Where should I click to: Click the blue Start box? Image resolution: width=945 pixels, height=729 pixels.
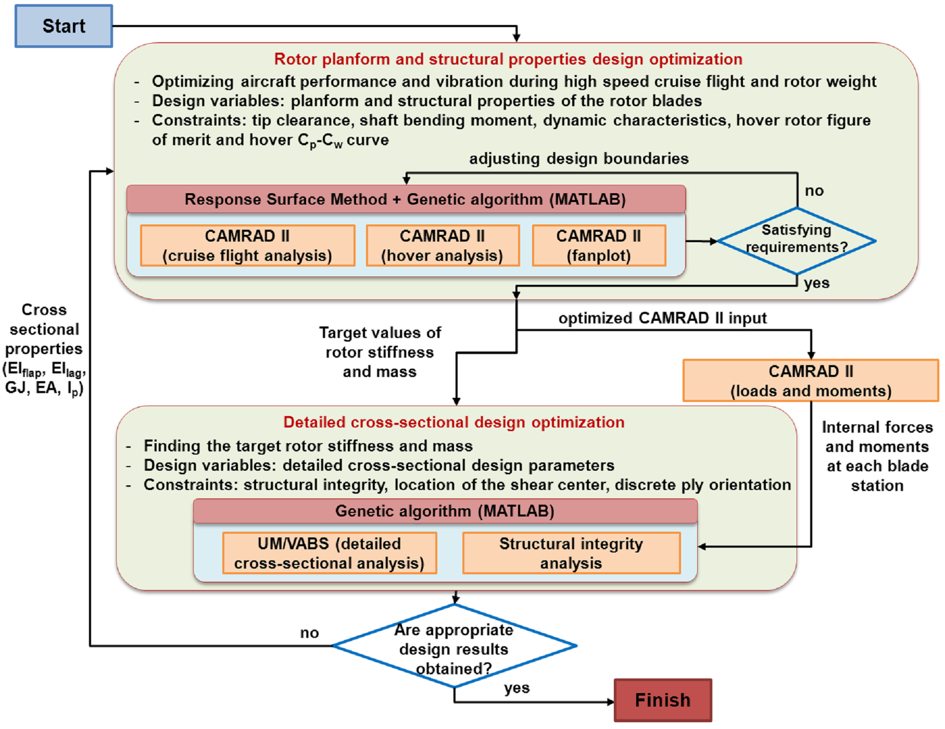[x=64, y=26]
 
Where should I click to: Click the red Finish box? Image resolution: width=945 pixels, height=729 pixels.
[x=662, y=700]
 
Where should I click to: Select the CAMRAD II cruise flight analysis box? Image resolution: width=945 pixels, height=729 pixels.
[x=247, y=245]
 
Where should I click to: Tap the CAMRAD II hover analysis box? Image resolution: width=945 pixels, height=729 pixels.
[x=443, y=245]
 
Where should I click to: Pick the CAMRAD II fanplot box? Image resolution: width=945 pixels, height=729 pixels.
[x=599, y=245]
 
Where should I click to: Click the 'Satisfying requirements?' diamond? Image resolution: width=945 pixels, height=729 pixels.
[x=796, y=241]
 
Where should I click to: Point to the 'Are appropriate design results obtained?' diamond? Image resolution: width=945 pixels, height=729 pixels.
[x=454, y=646]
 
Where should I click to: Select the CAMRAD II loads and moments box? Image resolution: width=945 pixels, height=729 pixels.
[x=810, y=381]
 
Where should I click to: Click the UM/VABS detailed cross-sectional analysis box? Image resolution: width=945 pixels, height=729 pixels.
[x=329, y=553]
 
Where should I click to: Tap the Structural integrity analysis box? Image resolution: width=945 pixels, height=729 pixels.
[x=571, y=553]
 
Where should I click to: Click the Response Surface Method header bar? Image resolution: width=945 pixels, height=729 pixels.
[x=406, y=199]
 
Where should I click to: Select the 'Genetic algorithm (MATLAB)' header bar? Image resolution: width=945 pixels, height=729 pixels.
[x=445, y=511]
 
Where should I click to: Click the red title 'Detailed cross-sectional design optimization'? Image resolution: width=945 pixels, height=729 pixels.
[x=453, y=422]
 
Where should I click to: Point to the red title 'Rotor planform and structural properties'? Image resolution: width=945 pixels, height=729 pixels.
[x=508, y=59]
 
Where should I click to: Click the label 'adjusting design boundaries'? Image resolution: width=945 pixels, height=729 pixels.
[x=578, y=159]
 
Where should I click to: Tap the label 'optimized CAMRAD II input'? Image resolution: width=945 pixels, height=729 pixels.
[x=662, y=318]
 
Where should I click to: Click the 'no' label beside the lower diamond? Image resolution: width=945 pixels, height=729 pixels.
[x=309, y=633]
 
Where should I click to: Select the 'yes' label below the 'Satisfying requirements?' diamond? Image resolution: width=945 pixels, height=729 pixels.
[x=816, y=284]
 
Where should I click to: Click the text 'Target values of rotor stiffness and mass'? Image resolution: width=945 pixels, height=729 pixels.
[x=380, y=352]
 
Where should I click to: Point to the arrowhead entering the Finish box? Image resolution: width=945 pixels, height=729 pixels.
[x=611, y=702]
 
